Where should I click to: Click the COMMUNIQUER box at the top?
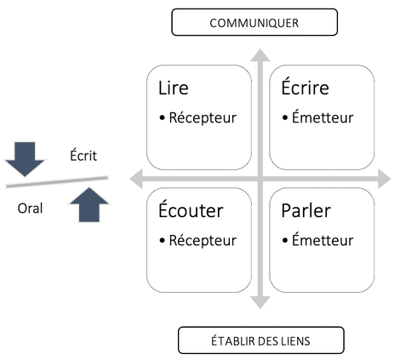(254, 22)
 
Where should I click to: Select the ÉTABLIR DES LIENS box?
(261, 340)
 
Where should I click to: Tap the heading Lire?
(174, 88)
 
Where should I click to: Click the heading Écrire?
(305, 87)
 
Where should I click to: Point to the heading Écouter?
(191, 209)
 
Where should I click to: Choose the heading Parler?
(306, 210)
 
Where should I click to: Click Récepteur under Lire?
(203, 117)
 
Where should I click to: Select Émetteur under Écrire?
(323, 117)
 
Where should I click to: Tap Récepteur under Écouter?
(203, 241)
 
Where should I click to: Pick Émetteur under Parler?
(323, 240)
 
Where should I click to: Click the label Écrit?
(83, 155)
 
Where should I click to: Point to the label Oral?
(30, 209)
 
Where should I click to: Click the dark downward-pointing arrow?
(25, 159)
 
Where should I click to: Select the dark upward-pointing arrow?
(89, 204)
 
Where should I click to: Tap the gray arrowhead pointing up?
(260, 55)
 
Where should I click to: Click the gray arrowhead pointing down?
(260, 302)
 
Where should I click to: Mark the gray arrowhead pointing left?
(136, 179)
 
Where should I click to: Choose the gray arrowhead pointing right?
(385, 179)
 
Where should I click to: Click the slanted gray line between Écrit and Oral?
(57, 182)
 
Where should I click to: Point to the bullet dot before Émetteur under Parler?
(285, 241)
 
